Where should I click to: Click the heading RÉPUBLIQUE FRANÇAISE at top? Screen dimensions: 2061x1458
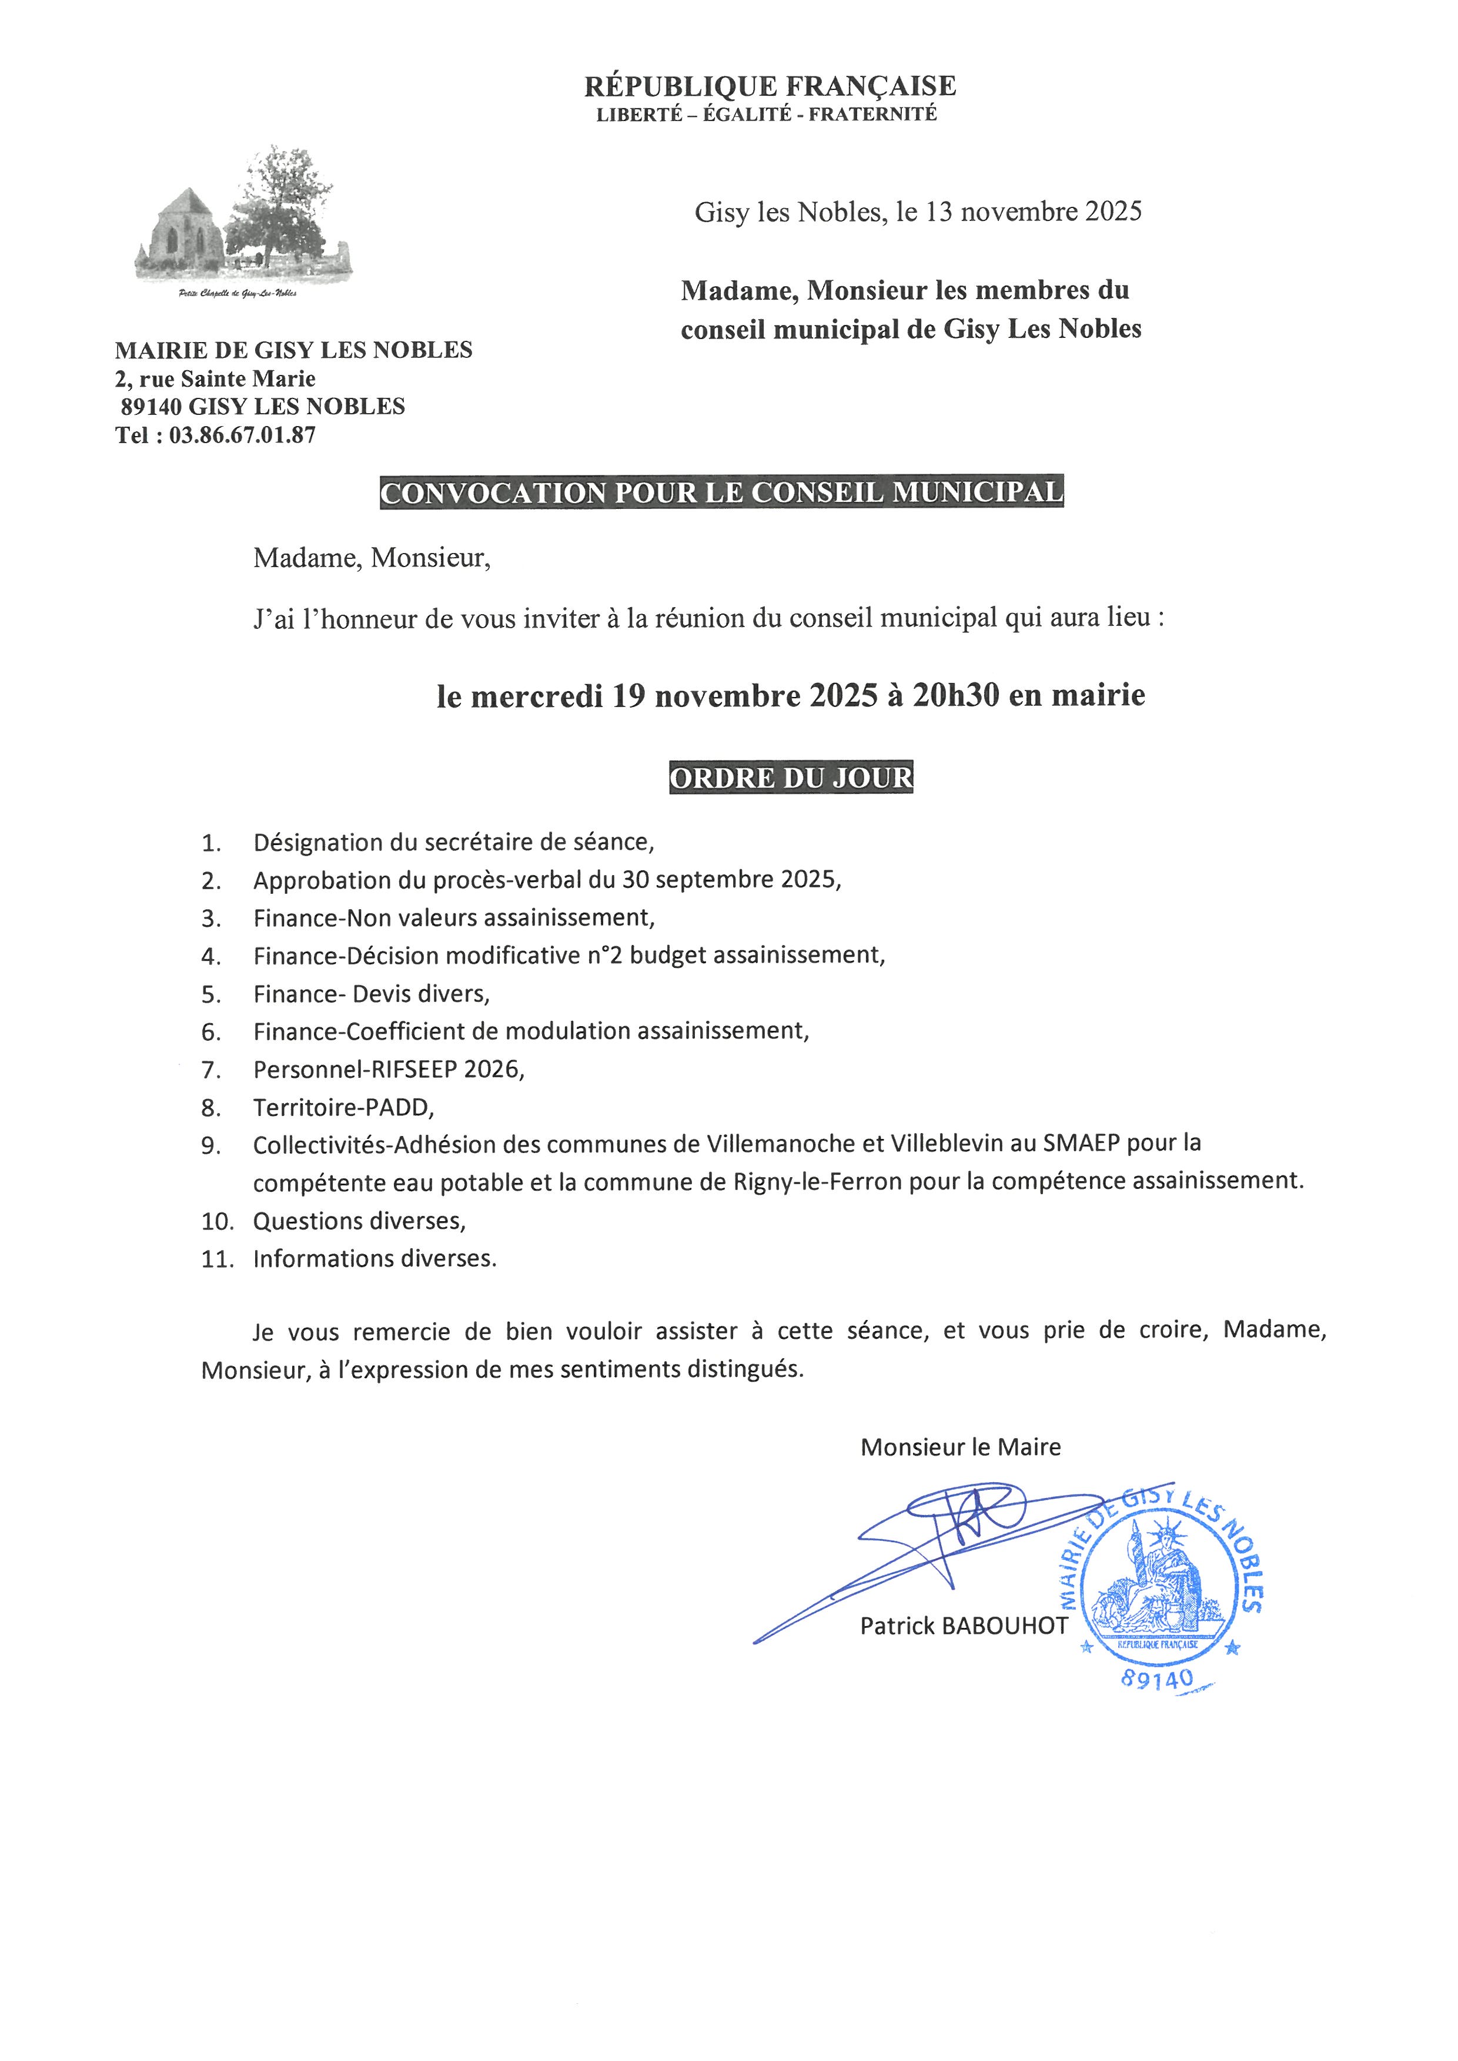coord(770,86)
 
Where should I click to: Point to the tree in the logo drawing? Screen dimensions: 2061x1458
coord(278,202)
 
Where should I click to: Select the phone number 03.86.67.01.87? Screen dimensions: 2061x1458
coord(242,435)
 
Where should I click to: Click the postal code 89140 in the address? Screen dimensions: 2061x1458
coord(151,407)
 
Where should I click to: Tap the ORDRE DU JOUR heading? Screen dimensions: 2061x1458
coord(790,778)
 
